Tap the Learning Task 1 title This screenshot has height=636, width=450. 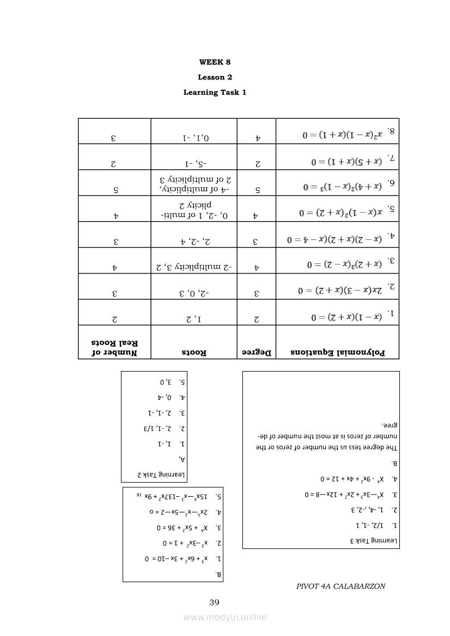(215, 92)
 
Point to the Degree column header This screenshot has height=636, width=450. (257, 352)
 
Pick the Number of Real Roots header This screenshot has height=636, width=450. (114, 348)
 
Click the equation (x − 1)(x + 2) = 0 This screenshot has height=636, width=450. (339, 314)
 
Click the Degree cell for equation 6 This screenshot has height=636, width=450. (257, 189)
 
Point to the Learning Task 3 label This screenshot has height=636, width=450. (375, 541)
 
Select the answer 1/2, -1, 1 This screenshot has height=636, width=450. (376, 526)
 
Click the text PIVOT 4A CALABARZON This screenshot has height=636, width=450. (340, 586)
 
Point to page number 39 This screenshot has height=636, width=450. (214, 602)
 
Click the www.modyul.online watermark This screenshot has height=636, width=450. (225, 617)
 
